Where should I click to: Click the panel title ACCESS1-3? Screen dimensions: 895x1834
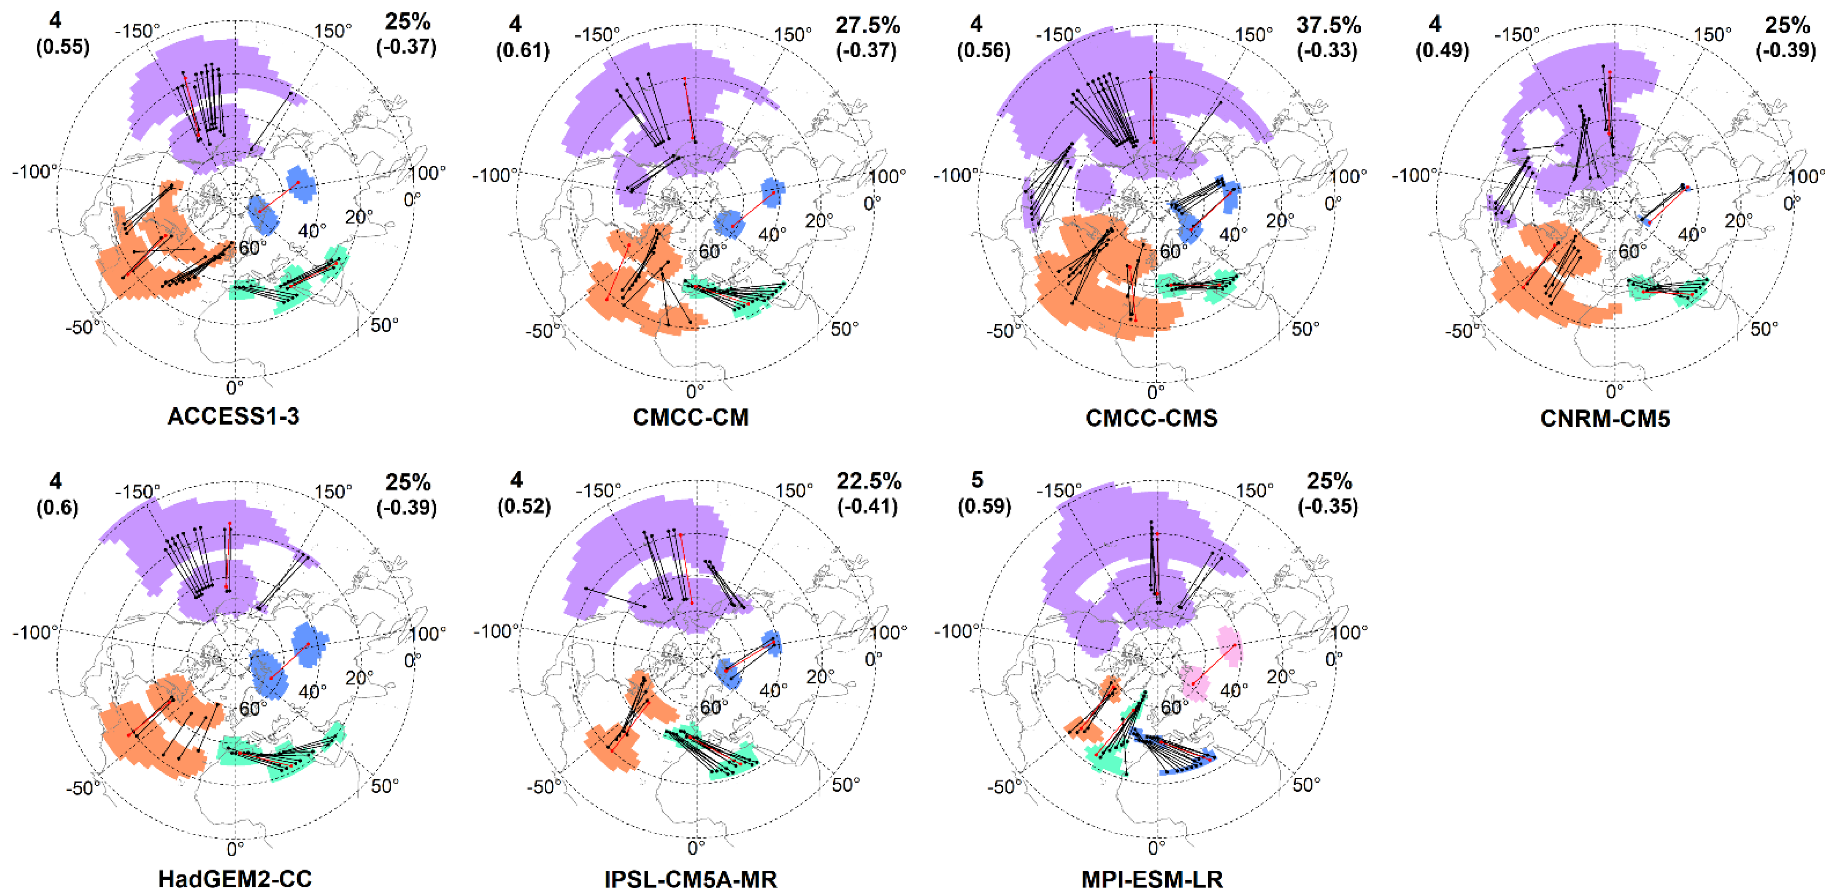234,416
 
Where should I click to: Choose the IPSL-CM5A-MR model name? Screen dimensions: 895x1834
691,879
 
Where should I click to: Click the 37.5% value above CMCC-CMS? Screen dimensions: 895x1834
1329,25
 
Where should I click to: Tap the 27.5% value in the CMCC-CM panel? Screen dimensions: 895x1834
868,25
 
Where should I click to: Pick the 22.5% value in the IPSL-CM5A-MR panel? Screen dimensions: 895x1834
868,482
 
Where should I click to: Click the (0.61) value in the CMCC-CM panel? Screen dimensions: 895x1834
523,50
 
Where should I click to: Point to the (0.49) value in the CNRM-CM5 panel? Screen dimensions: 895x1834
1443,50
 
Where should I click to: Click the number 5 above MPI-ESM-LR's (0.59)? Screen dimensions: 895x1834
977,480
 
